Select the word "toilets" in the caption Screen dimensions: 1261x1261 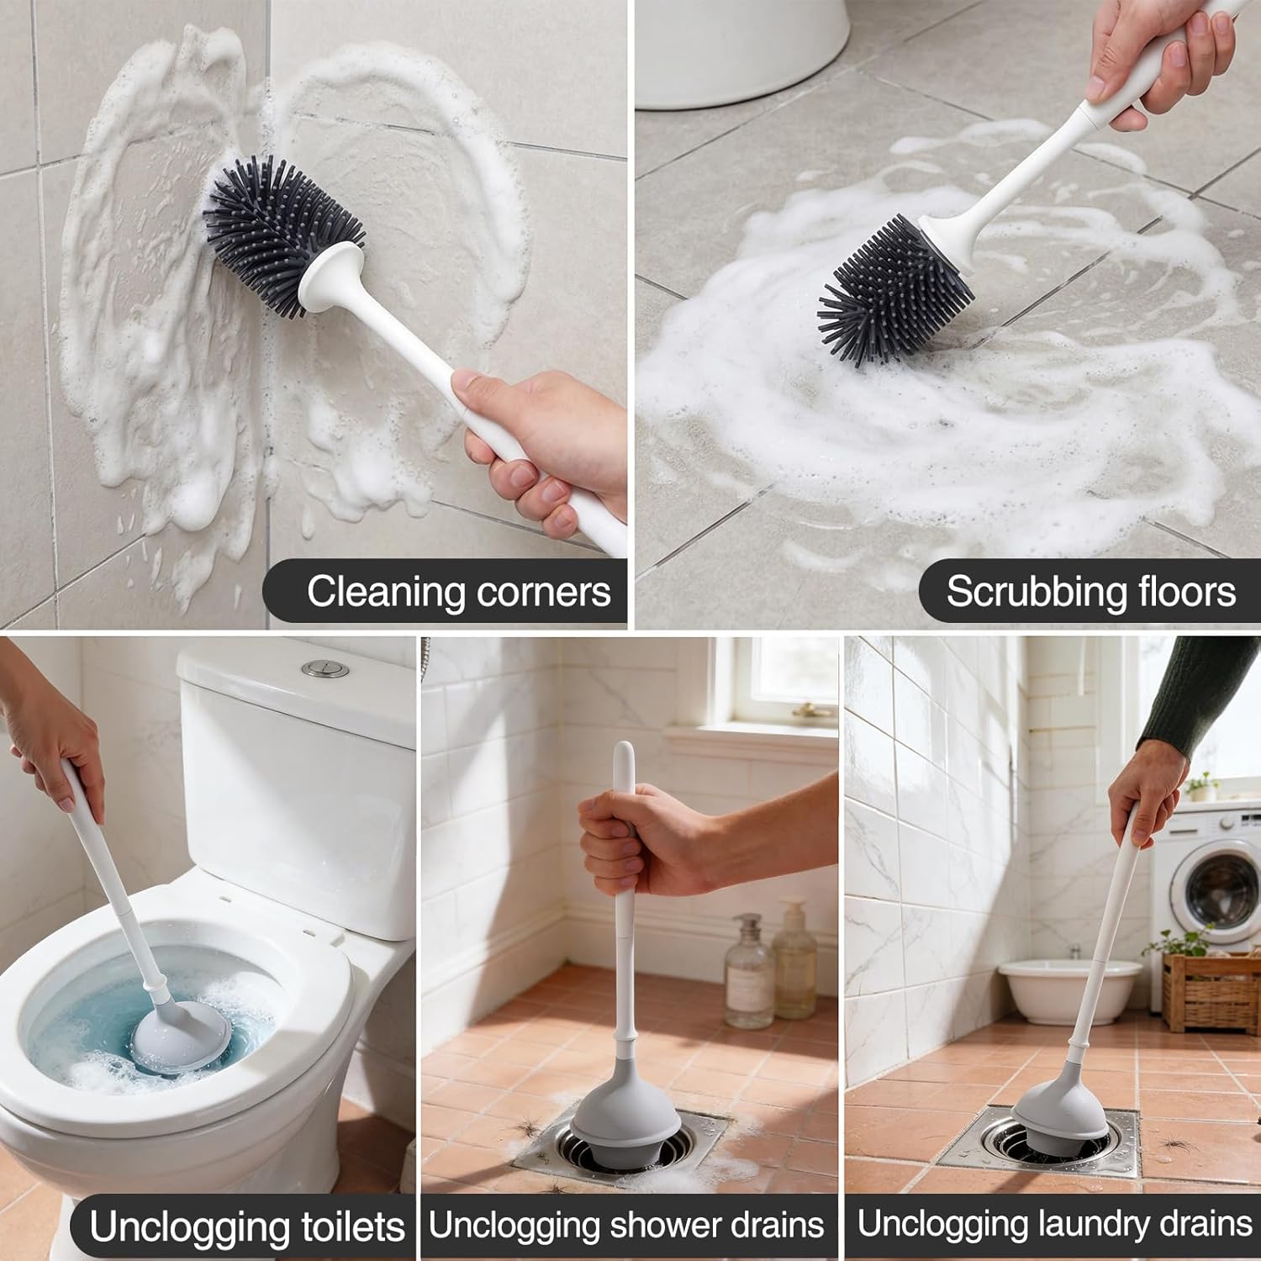tap(352, 1227)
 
